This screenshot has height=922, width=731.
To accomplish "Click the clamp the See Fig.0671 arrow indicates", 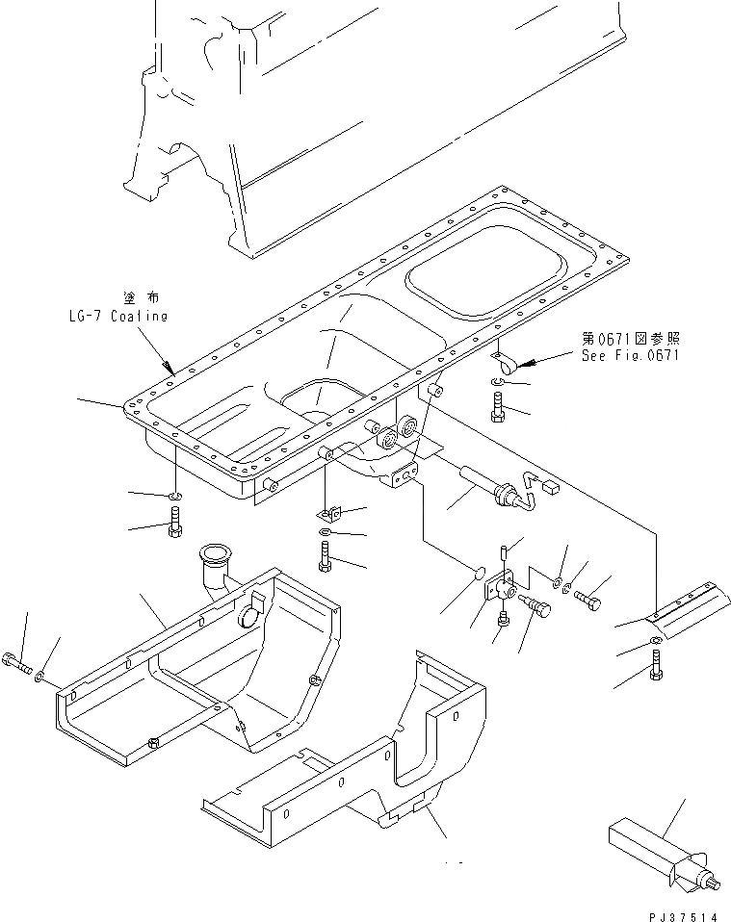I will click(505, 361).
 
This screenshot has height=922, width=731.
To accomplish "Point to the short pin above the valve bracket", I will click(504, 553).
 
